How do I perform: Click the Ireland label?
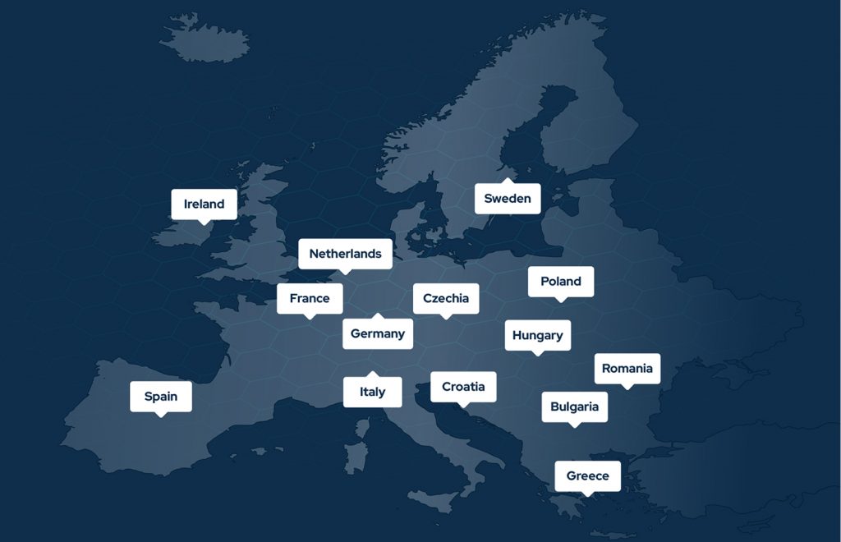(x=204, y=204)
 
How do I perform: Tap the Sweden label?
(x=508, y=199)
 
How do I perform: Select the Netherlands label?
(x=345, y=254)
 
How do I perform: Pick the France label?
(x=310, y=298)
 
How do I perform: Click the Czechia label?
(x=446, y=298)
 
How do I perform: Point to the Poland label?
(x=561, y=282)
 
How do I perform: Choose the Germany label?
(x=378, y=333)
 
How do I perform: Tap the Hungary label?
(x=538, y=335)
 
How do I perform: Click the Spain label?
(x=161, y=397)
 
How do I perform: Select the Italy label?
(x=372, y=392)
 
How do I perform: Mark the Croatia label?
(x=463, y=387)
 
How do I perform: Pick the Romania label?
(x=627, y=368)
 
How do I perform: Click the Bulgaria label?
(x=575, y=406)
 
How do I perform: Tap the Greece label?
(x=588, y=475)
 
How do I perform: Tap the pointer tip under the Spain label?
(x=161, y=416)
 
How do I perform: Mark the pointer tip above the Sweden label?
(x=508, y=180)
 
